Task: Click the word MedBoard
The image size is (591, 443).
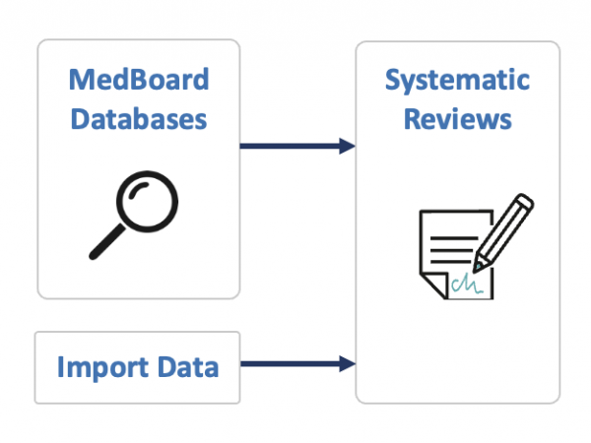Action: pyautogui.click(x=139, y=78)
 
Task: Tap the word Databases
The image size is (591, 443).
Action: pyautogui.click(x=139, y=119)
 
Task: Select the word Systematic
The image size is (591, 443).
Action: pyautogui.click(x=457, y=80)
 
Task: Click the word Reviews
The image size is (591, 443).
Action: pyautogui.click(x=457, y=119)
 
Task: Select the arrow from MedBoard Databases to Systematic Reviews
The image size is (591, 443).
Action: pyautogui.click(x=295, y=147)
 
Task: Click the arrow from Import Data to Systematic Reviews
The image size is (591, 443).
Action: pyautogui.click(x=295, y=364)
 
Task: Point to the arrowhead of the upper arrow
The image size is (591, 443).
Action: pyautogui.click(x=347, y=147)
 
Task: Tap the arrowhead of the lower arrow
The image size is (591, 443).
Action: pyautogui.click(x=347, y=364)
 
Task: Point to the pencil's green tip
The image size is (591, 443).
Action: pyautogui.click(x=478, y=266)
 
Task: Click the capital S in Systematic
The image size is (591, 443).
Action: pyautogui.click(x=393, y=80)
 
